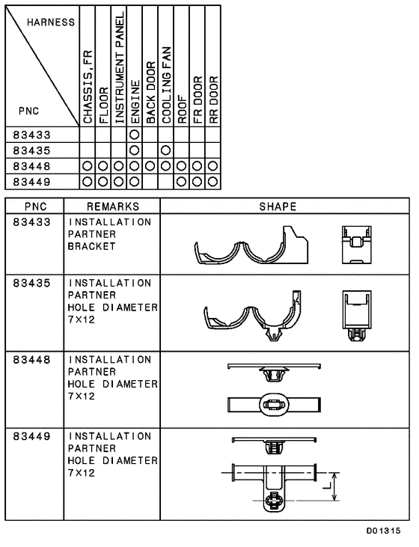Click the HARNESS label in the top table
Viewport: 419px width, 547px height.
pyautogui.click(x=51, y=22)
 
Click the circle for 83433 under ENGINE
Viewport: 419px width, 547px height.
pyautogui.click(x=135, y=135)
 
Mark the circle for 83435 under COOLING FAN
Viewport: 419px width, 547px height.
pyautogui.click(x=166, y=150)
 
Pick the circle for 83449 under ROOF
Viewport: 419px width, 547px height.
pyautogui.click(x=182, y=181)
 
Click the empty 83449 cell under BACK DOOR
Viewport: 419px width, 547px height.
pyautogui.click(x=150, y=181)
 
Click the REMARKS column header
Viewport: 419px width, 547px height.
pyautogui.click(x=111, y=206)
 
